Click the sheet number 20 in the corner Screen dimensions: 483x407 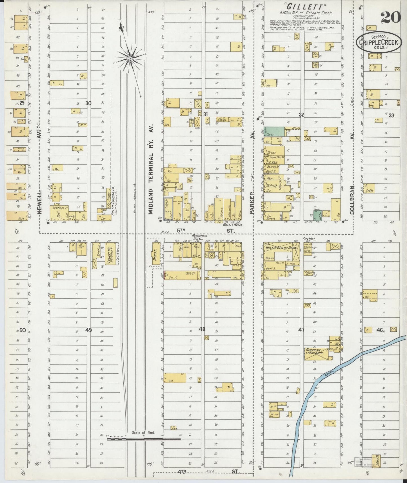tap(391, 18)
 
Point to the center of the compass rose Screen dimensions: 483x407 tap(130, 58)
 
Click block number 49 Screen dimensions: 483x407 tap(88, 330)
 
